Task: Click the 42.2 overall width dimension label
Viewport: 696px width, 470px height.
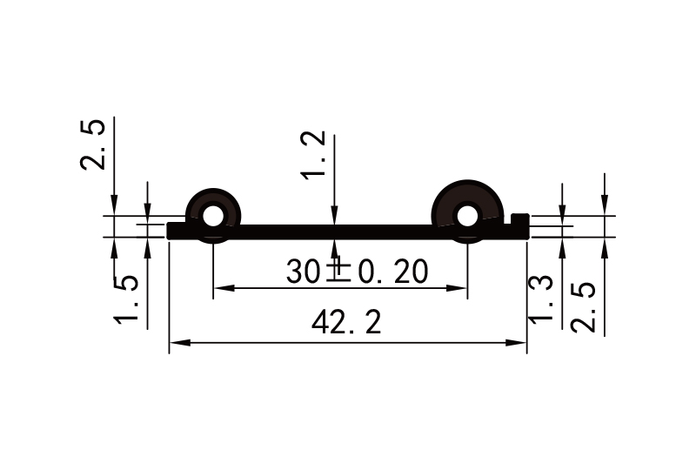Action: [x=346, y=324]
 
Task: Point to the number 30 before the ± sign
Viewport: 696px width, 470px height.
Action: [x=304, y=272]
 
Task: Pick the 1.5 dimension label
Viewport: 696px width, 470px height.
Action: [x=127, y=298]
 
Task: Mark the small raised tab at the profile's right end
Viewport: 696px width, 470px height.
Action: [x=520, y=218]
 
